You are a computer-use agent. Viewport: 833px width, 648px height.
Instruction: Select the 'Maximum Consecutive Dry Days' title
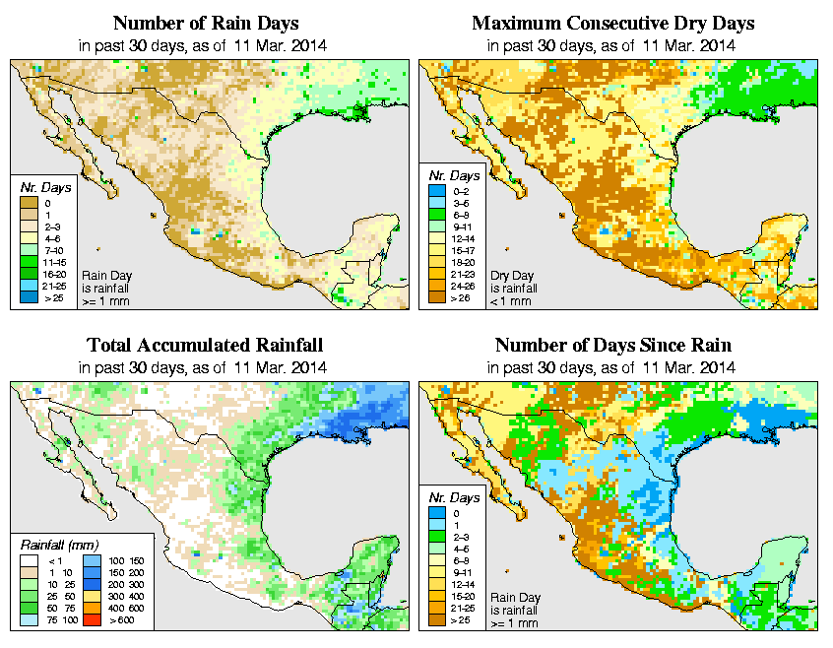(613, 23)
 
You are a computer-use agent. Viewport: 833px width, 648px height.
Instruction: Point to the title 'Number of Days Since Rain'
(613, 346)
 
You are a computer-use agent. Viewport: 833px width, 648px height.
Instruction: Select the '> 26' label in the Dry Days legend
(461, 296)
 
